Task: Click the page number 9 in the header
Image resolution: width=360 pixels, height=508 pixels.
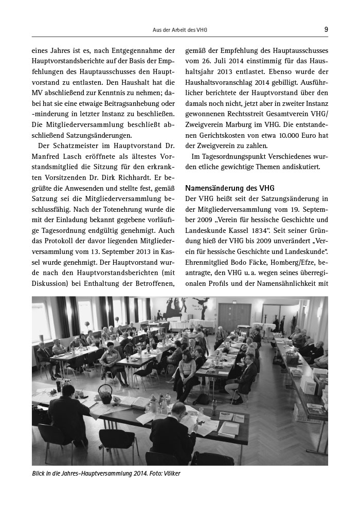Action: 326,29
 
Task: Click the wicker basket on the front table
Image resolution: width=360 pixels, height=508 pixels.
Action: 105,393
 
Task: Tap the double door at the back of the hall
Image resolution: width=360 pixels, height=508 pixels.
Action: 234,315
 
